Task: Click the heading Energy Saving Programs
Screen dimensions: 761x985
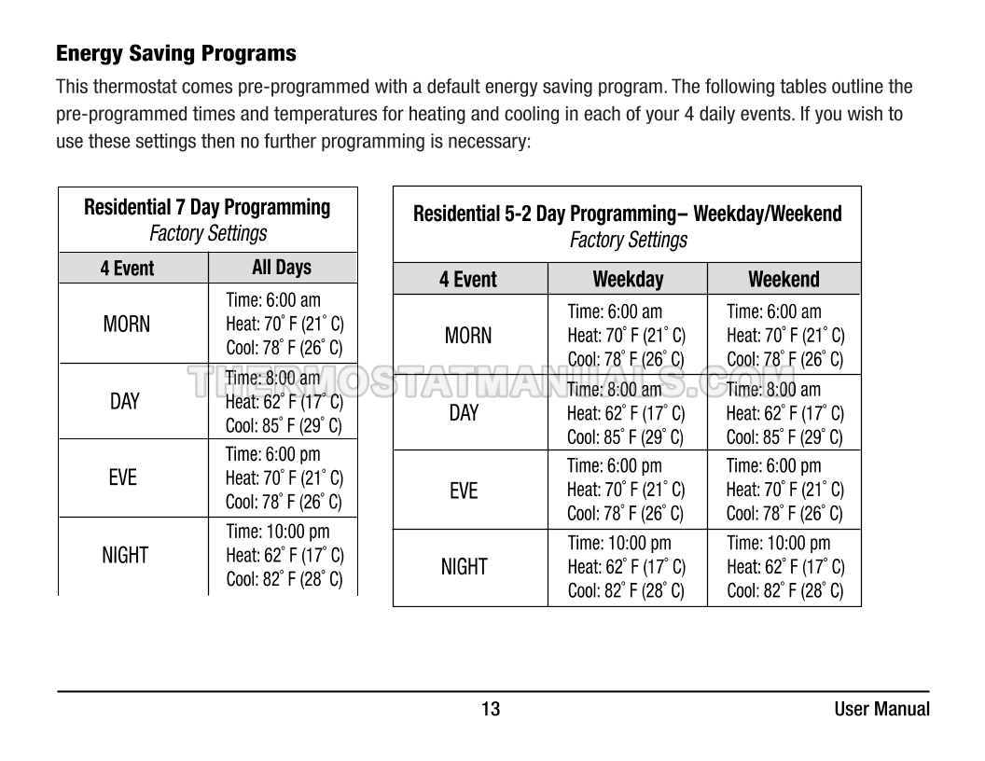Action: [x=176, y=54]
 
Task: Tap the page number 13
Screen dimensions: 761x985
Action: [x=491, y=709]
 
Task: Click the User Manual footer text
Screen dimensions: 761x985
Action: [x=881, y=709]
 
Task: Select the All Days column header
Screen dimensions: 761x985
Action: [x=282, y=268]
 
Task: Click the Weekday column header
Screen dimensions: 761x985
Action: [x=628, y=279]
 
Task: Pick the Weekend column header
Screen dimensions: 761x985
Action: [x=784, y=279]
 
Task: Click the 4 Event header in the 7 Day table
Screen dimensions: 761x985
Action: [x=128, y=269]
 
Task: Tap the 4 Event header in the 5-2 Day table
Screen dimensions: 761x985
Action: [x=468, y=279]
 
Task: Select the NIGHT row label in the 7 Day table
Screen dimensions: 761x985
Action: [x=125, y=556]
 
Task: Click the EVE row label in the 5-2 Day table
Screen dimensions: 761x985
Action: [x=464, y=491]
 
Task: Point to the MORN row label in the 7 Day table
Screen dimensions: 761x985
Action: [x=126, y=325]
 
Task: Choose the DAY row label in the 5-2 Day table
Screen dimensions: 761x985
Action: [x=464, y=413]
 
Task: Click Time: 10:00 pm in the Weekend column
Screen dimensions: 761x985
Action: [x=778, y=543]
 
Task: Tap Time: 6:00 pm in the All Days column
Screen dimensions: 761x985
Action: [x=272, y=454]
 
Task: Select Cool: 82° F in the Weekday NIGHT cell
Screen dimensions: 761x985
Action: [x=625, y=590]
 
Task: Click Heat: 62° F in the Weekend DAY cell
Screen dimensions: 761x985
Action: [x=784, y=413]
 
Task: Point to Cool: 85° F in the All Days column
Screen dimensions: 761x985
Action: [x=284, y=426]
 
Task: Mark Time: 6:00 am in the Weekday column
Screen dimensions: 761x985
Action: [x=615, y=311]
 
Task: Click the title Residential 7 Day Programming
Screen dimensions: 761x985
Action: [x=207, y=207]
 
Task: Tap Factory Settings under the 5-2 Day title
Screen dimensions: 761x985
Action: [x=628, y=240]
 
